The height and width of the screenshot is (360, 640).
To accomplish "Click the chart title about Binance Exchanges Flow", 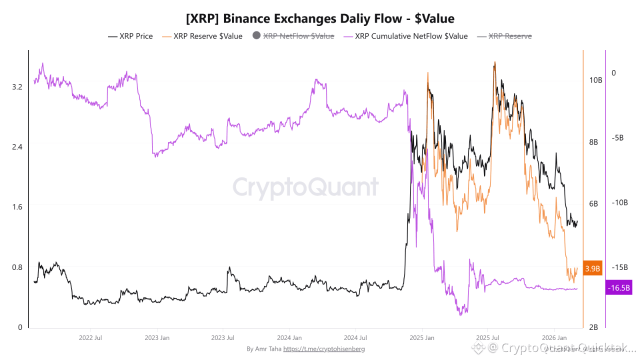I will (320, 19).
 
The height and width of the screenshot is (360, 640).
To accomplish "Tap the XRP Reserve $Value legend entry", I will (207, 36).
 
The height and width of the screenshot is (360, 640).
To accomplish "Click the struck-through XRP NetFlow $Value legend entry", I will (298, 36).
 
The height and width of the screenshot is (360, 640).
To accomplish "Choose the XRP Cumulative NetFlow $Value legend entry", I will (411, 36).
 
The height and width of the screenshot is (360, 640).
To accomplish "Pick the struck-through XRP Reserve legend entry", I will (509, 36).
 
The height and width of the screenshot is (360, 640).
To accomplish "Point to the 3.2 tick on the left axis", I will (17, 86).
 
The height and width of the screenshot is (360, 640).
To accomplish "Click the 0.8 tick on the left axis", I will (17, 267).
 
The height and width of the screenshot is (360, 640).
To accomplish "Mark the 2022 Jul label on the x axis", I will (91, 338).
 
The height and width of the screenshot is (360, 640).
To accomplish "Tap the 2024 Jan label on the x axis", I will (289, 338).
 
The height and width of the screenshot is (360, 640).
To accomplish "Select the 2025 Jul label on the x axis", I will (488, 338).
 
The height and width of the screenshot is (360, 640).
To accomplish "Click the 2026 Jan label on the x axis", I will (554, 338).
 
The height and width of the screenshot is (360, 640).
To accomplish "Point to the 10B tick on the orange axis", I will (595, 80).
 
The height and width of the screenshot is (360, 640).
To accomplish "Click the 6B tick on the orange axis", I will (593, 204).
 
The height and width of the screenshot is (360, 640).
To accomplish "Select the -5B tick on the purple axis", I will (616, 138).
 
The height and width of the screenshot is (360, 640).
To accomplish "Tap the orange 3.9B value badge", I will (592, 268).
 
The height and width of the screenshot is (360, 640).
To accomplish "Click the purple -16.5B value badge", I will (618, 288).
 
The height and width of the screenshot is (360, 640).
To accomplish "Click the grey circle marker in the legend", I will (257, 36).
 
